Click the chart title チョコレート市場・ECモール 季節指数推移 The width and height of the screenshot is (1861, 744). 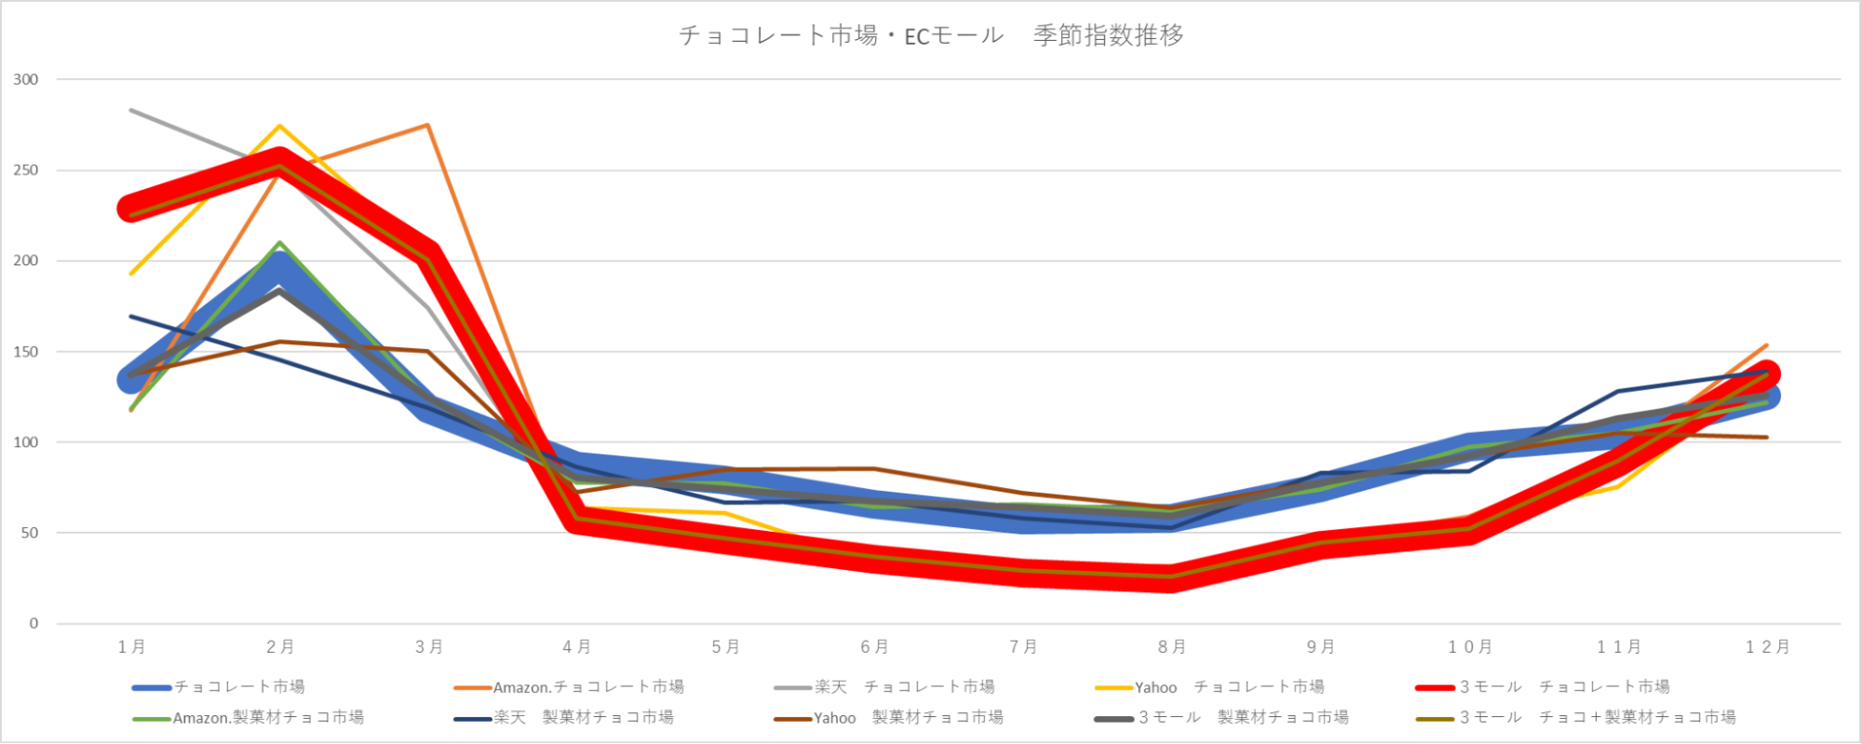coord(931,35)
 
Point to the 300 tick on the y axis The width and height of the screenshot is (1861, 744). coord(26,80)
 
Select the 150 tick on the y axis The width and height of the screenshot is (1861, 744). coord(26,352)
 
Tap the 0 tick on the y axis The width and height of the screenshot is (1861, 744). coord(34,624)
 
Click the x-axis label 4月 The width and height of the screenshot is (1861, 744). coord(577,646)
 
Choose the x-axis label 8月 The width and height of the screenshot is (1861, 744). coord(1172,646)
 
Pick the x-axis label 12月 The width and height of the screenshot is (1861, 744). coord(1767,646)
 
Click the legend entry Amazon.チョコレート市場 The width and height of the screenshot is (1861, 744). coord(588,687)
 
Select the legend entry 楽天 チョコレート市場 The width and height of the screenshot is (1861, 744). coord(904,687)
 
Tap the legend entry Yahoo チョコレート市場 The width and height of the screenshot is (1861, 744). coord(1229,687)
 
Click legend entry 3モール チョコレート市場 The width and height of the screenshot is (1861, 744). coord(1564,687)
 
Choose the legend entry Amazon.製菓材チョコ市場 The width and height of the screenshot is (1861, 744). coord(268,718)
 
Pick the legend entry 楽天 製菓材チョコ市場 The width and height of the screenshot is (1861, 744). coord(584,718)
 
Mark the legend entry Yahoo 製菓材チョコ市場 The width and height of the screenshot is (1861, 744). coord(908,718)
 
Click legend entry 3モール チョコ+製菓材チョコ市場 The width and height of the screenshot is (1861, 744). coord(1597,718)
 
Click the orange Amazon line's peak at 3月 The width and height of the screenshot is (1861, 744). coord(427,125)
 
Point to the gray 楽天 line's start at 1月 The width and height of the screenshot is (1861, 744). coord(131,110)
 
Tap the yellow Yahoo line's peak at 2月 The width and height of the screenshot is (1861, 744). coord(279,126)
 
